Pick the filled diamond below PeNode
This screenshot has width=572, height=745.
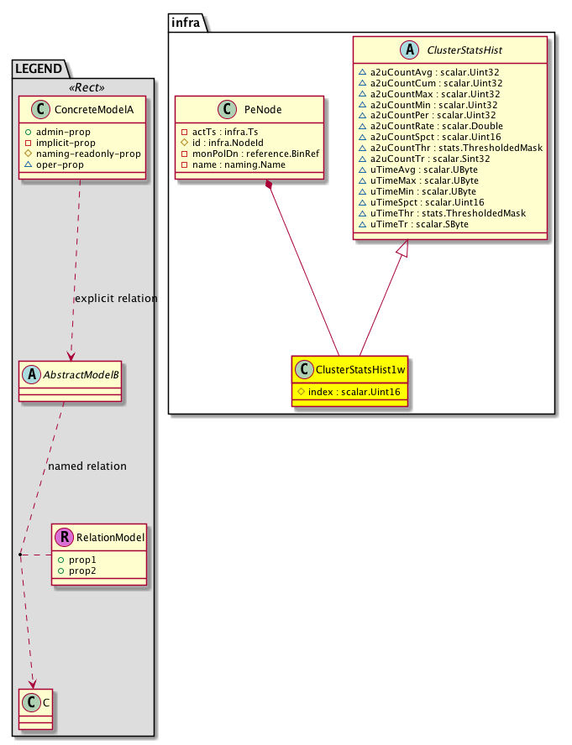[268, 185]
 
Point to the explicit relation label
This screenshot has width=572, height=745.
[116, 299]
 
